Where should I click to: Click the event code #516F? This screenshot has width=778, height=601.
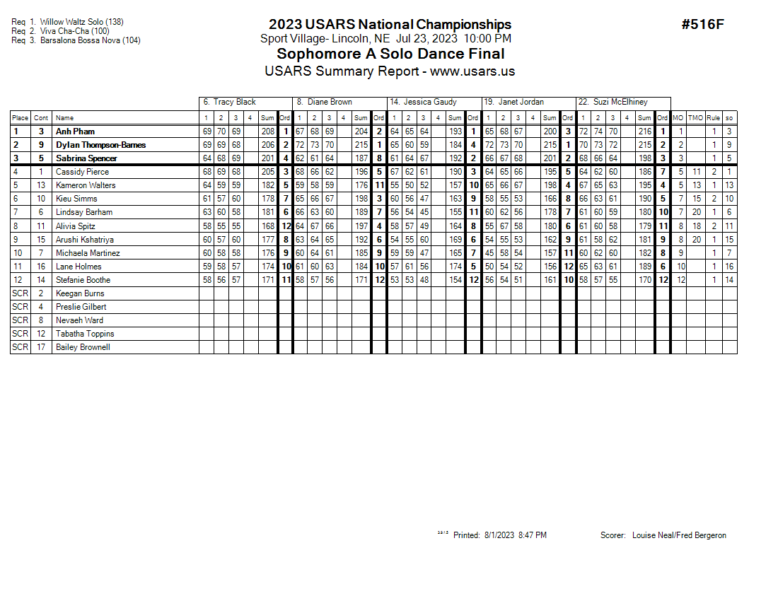click(702, 25)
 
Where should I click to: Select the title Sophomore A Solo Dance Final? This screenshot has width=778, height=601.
click(390, 54)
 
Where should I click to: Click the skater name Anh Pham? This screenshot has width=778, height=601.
click(75, 132)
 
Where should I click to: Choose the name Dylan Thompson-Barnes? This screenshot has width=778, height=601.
click(100, 145)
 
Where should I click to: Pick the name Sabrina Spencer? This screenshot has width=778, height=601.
click(86, 158)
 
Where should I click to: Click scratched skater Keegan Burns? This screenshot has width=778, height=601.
click(80, 293)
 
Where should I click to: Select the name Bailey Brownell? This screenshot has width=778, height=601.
click(83, 347)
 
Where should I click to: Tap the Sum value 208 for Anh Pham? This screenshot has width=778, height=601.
click(267, 132)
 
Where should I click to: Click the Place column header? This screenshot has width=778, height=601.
click(20, 118)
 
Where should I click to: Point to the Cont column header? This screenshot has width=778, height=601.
click(41, 118)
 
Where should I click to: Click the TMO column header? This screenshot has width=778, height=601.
click(696, 118)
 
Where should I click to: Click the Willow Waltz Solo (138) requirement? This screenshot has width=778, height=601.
click(81, 22)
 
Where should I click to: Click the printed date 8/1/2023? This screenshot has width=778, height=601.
click(500, 535)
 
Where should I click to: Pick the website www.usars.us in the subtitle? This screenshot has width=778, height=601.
click(472, 71)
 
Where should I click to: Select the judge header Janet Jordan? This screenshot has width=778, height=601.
click(521, 102)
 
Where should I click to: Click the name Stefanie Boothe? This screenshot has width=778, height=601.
click(83, 280)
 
